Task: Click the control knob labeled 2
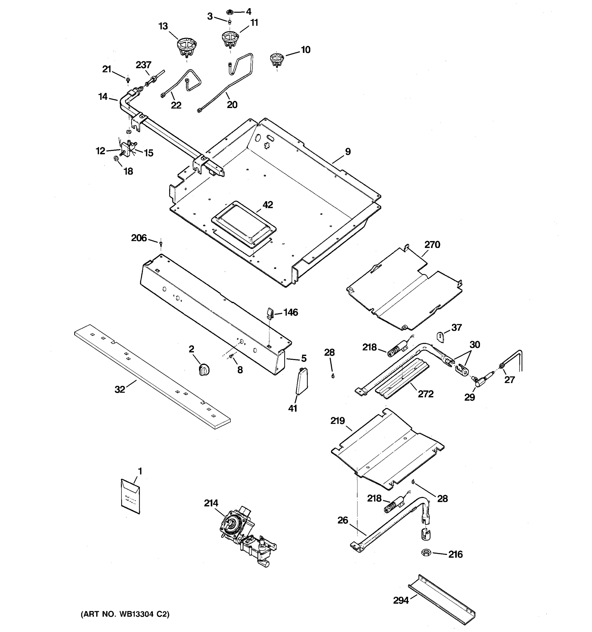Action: click(204, 370)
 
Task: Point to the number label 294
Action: click(401, 600)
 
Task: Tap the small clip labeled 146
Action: click(270, 313)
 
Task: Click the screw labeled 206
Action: click(161, 244)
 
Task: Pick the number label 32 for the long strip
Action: click(120, 389)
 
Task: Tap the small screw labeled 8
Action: click(232, 358)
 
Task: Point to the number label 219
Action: click(337, 421)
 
